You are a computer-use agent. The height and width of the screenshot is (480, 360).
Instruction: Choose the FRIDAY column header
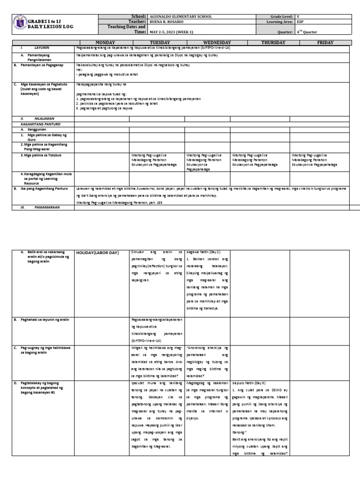click(x=325, y=42)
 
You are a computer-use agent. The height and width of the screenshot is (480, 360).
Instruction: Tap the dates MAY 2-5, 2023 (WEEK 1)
click(x=172, y=31)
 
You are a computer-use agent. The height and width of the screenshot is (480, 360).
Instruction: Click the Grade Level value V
click(x=298, y=16)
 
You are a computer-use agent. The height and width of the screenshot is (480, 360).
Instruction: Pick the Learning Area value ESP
click(x=300, y=22)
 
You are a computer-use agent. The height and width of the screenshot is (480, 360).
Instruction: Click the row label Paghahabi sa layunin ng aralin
click(x=45, y=319)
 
